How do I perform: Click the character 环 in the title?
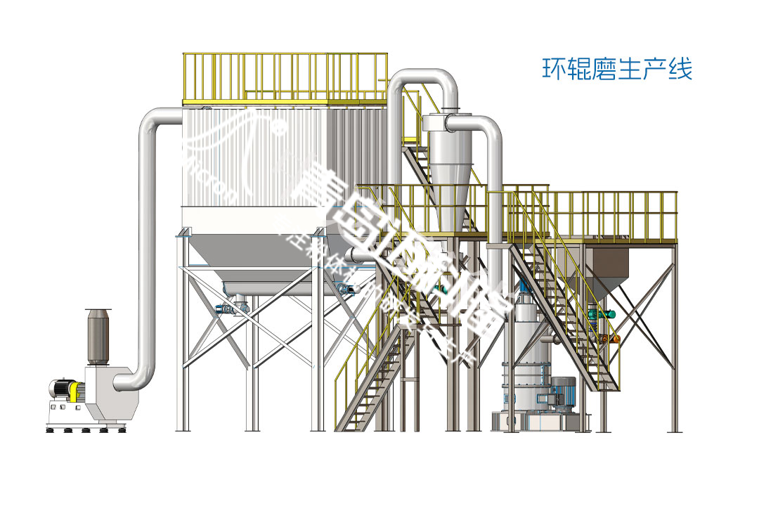(x=552, y=70)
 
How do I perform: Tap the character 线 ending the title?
(x=680, y=70)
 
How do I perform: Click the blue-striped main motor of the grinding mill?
(x=562, y=391)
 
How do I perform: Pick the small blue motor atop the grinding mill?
(x=524, y=287)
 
